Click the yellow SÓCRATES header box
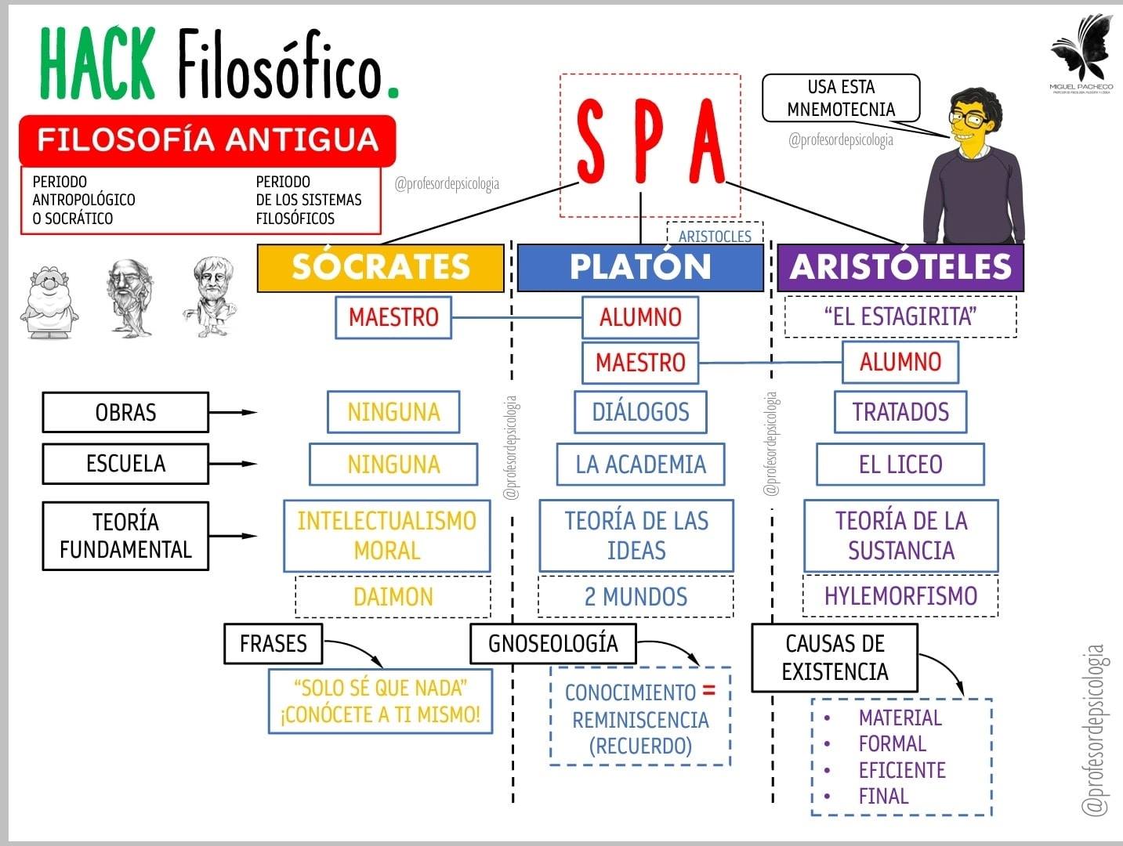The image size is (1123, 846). click(x=380, y=268)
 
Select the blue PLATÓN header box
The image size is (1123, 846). click(x=640, y=268)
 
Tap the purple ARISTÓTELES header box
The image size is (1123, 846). click(x=900, y=268)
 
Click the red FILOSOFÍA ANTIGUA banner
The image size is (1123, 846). click(x=207, y=140)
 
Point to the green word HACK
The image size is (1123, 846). click(x=97, y=63)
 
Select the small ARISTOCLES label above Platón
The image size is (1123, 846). click(x=715, y=236)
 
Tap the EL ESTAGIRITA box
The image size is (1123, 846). click(x=900, y=316)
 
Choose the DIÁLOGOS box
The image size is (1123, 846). click(x=640, y=412)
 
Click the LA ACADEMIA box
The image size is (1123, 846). click(x=640, y=465)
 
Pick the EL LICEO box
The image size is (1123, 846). click(x=900, y=465)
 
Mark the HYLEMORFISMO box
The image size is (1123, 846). click(x=900, y=596)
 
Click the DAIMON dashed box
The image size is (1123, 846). click(x=393, y=597)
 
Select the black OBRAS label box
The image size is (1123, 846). click(x=125, y=413)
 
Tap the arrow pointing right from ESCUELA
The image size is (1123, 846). click(x=233, y=465)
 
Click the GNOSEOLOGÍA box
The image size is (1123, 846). click(x=553, y=644)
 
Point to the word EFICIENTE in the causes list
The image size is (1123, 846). click(x=902, y=770)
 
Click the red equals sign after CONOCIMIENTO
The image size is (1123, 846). click(x=709, y=691)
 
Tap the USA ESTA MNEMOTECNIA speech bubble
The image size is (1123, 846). click(x=841, y=98)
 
